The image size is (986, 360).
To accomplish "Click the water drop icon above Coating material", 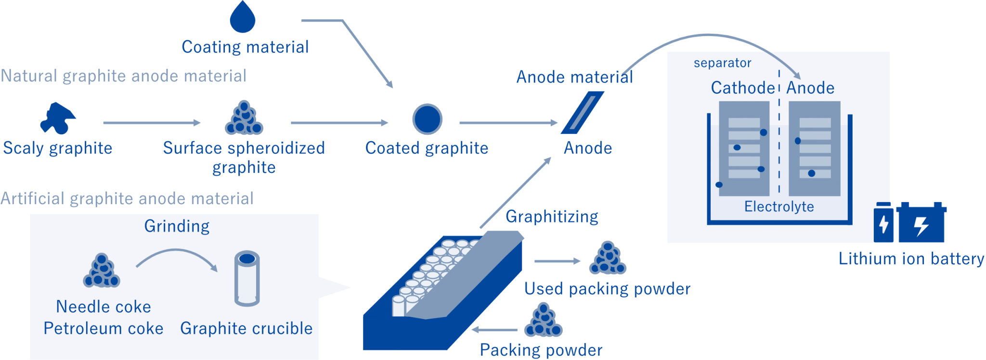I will point(242,18).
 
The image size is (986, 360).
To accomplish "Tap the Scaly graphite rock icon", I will point(58,118).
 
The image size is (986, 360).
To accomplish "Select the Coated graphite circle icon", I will point(427,119).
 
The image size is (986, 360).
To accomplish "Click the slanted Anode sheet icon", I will point(582,113).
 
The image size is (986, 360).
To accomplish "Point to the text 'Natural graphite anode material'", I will point(124,76).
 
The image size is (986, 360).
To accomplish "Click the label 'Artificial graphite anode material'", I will point(127,198).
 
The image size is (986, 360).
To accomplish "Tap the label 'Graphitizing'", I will point(552,217).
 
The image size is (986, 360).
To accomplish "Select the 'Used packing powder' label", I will point(607,289).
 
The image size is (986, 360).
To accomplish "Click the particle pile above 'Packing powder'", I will point(544,321).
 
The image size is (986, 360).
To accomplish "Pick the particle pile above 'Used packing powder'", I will point(608,258).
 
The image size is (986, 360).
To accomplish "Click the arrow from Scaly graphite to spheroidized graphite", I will point(152,123).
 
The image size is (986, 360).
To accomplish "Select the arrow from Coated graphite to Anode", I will point(508,123).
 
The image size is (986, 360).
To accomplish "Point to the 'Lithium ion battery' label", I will point(911,259).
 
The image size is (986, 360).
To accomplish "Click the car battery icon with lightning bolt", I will point(921,223).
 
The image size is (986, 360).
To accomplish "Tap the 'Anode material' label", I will point(574,77).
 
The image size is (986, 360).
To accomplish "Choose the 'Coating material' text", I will point(245,47).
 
